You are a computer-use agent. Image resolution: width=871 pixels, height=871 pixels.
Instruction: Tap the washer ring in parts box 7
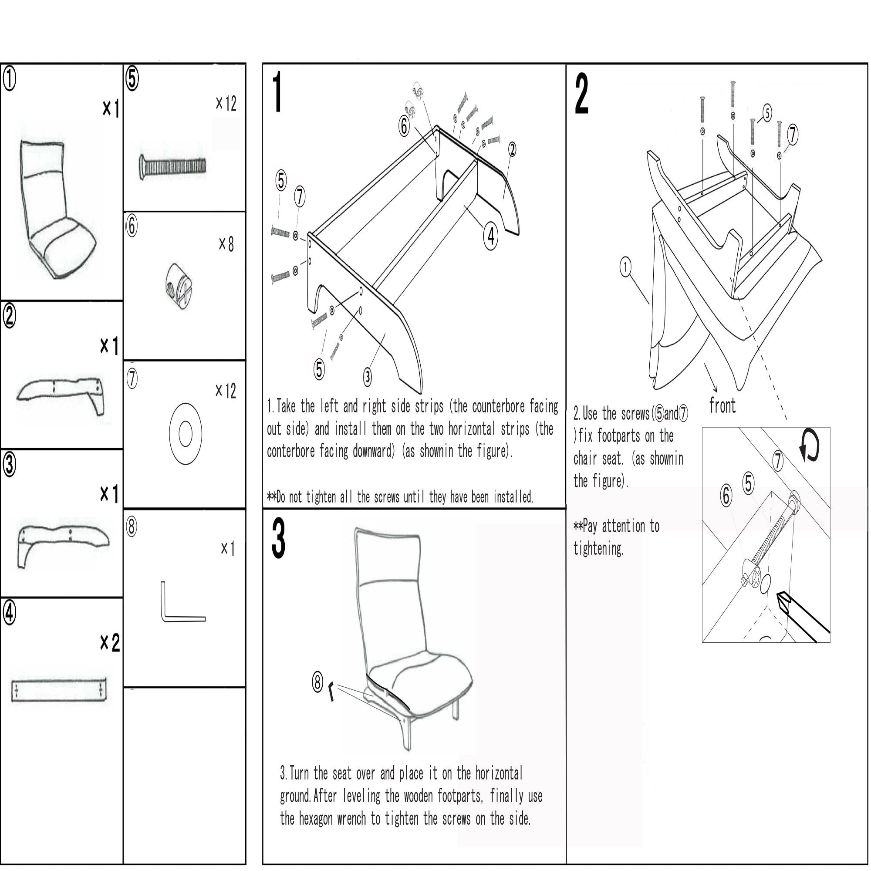click(185, 434)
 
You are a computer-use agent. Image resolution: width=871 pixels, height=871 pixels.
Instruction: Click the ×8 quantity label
click(226, 244)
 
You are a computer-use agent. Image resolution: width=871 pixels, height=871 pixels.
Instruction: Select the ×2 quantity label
click(110, 642)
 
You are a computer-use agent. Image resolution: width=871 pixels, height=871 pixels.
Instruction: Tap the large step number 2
click(581, 94)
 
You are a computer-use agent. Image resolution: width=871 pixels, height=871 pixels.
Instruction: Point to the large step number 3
click(279, 538)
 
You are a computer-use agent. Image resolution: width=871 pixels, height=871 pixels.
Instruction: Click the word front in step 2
click(722, 406)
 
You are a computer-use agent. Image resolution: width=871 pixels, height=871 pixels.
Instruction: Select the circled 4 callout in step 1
click(490, 236)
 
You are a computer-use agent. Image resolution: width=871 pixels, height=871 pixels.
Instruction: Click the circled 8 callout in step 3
click(317, 682)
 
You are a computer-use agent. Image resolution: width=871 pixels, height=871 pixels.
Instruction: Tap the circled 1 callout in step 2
click(625, 267)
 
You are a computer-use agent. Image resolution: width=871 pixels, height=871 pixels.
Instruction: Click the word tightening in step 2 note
click(598, 549)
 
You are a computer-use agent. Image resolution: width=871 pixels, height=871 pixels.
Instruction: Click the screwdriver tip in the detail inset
click(783, 599)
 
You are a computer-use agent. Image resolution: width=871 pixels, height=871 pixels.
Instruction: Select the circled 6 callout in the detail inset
click(726, 496)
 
